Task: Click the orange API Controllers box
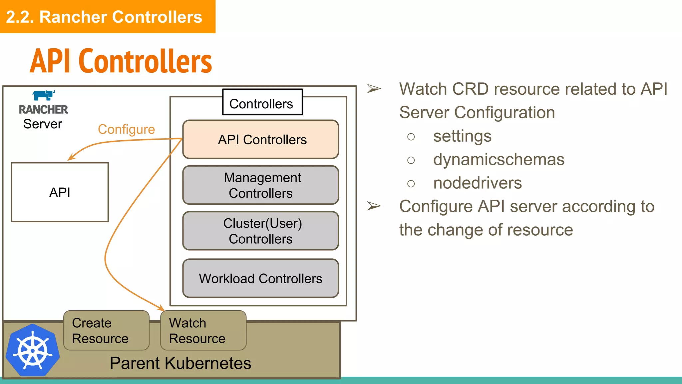point(260,139)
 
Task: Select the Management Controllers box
point(260,185)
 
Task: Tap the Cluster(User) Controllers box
point(260,231)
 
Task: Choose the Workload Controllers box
point(260,278)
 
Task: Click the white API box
point(60,192)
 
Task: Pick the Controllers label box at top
point(262,102)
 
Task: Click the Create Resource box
point(106,330)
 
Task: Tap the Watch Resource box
point(203,330)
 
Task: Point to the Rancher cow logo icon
point(44,95)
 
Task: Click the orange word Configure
point(126,129)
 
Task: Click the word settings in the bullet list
point(462,136)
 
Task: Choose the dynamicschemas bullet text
point(499,160)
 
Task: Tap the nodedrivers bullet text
point(477,183)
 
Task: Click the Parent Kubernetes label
point(180,363)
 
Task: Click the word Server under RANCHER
point(43,124)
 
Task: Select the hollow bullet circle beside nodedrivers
point(411,184)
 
